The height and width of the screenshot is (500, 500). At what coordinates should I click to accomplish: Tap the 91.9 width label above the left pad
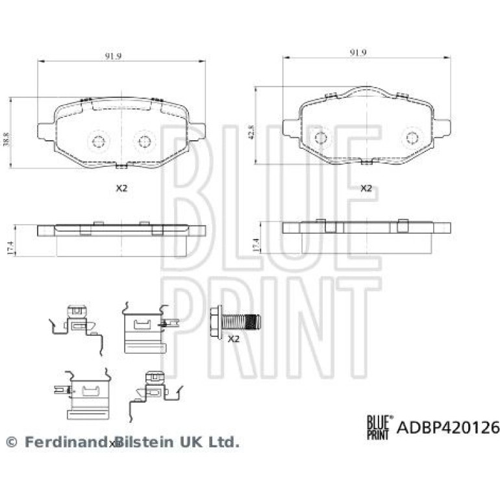click(x=113, y=56)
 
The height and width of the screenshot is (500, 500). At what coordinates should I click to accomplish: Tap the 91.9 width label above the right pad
click(x=358, y=53)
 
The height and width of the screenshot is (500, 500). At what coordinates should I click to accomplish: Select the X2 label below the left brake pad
click(x=121, y=188)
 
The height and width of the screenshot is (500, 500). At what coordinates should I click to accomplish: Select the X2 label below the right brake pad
click(x=366, y=188)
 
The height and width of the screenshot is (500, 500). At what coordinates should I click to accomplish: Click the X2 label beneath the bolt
click(x=234, y=339)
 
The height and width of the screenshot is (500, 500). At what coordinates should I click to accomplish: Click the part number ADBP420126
click(x=447, y=427)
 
